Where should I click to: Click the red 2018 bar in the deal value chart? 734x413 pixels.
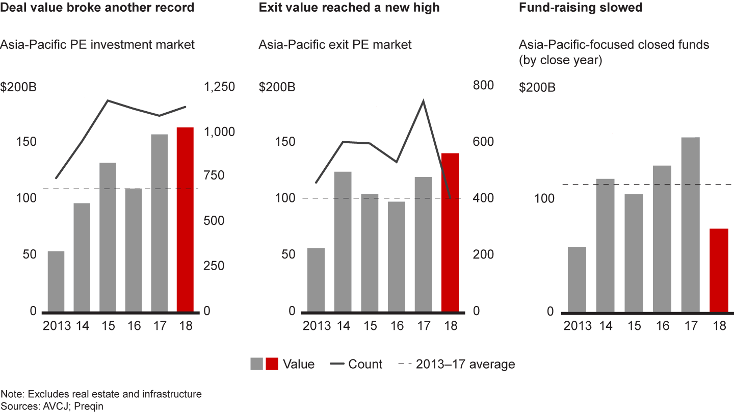click(x=185, y=219)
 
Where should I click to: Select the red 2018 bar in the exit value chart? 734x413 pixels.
click(x=450, y=232)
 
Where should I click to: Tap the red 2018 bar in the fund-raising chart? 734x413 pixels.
click(x=719, y=270)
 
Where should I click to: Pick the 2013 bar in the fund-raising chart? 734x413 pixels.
click(x=577, y=279)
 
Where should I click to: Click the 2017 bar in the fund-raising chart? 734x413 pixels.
click(x=690, y=224)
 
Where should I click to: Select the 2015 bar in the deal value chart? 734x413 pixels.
click(x=108, y=237)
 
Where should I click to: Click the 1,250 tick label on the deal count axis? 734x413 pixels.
click(x=220, y=87)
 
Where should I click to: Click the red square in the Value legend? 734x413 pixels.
click(x=272, y=364)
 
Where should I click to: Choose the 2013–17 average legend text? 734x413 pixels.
click(x=465, y=364)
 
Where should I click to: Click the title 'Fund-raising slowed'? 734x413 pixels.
click(x=580, y=8)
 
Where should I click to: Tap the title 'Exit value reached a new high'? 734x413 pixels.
click(x=349, y=8)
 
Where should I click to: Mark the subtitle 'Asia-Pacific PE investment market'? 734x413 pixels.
click(x=97, y=45)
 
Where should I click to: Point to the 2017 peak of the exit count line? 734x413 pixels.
click(x=423, y=100)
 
